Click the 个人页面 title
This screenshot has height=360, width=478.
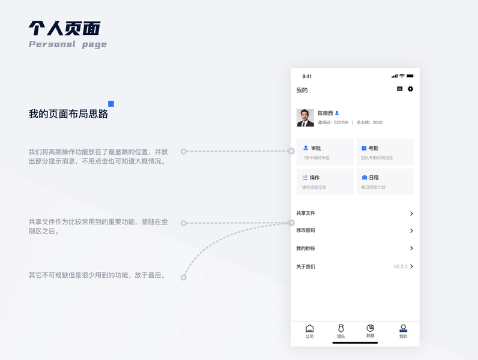point(65,28)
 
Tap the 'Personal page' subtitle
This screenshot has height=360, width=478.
point(68,44)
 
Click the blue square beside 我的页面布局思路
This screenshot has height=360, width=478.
point(111,104)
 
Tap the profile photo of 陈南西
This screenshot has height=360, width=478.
point(305,118)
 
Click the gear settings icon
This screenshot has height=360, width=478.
point(411,89)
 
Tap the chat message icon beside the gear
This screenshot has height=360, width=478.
point(400,89)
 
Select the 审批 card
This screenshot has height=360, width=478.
point(325,152)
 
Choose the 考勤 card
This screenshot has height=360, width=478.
point(385,152)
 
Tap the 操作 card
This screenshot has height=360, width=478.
point(325,182)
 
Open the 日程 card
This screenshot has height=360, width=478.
point(385,182)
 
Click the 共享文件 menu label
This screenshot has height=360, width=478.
point(306,213)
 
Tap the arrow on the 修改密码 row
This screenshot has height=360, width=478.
point(411,230)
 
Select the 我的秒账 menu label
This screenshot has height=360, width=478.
point(306,248)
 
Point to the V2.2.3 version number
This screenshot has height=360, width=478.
point(400,266)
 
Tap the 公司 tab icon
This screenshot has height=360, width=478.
point(309,328)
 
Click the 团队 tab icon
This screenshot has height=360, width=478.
point(341,328)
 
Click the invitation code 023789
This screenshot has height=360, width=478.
point(340,122)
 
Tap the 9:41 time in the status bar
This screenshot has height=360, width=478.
point(307,76)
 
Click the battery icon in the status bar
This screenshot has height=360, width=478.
point(410,76)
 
